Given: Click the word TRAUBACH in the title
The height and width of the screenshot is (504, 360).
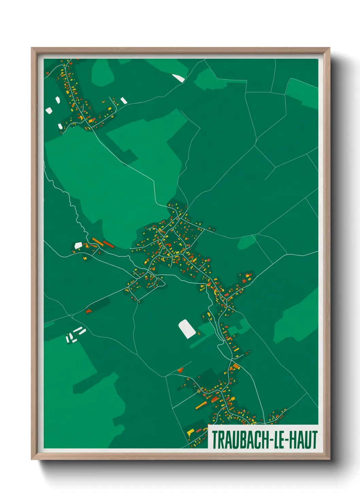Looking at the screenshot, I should click(x=241, y=440).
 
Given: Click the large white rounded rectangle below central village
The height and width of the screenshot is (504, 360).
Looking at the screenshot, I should click(x=187, y=329).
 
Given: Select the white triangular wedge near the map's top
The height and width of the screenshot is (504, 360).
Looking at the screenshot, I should click(x=179, y=78).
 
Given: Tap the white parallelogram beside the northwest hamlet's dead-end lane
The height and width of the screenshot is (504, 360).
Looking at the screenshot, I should click(x=124, y=100).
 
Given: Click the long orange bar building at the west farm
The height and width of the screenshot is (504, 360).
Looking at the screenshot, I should click(x=98, y=242).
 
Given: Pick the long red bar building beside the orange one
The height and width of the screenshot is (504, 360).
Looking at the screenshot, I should click(x=108, y=244).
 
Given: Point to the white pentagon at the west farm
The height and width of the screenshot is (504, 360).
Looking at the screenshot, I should click(x=78, y=245).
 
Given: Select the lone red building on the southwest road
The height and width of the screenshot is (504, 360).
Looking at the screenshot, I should click(x=88, y=311).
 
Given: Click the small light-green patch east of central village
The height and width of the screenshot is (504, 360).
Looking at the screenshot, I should click(x=246, y=242).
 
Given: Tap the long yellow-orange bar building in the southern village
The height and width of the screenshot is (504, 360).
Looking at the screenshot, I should click(x=201, y=405).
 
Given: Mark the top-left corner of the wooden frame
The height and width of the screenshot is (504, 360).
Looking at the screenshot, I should click(x=32, y=48).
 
